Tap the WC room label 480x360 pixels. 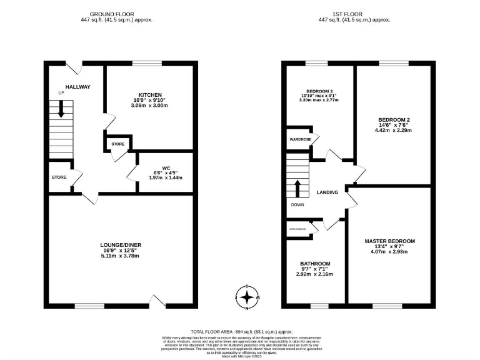coord(166,167)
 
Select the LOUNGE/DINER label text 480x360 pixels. coord(119,244)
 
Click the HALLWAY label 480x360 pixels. coord(78,87)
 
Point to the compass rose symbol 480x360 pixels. coord(248,297)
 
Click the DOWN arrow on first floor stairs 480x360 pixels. coord(298,189)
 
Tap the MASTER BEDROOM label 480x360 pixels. coord(389,241)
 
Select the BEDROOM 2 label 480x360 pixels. coord(394,119)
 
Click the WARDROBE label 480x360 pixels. coord(300,139)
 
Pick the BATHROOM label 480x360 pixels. coord(315,263)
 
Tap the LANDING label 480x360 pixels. coord(328,192)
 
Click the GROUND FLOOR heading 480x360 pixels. coord(116,14)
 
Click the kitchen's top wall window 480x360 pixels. coord(147,62)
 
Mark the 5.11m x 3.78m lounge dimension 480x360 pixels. coord(119,256)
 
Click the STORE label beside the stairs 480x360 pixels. coord(59,177)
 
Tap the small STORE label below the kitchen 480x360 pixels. coord(118,144)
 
